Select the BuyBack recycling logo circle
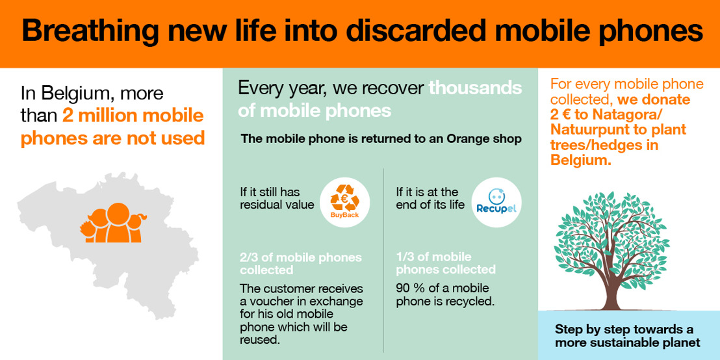[x=345, y=203]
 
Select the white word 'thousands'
[x=475, y=88]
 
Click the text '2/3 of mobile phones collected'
[x=300, y=264]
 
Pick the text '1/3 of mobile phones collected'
[x=446, y=263]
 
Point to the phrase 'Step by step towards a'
[x=624, y=329]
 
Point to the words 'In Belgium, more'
[x=92, y=94]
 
